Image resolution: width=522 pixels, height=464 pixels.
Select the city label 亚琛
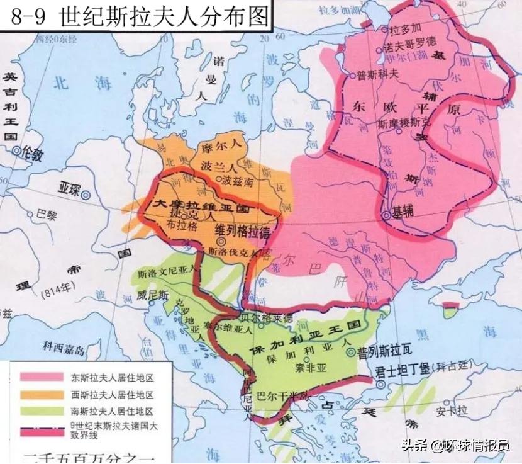pyautogui.click(x=70, y=188)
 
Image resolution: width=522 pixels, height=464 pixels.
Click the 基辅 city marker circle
pyautogui.click(x=386, y=216)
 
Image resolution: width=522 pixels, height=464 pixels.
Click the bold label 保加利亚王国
pyautogui.click(x=307, y=337)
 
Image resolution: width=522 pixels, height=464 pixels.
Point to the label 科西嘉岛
pyautogui.click(x=64, y=346)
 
